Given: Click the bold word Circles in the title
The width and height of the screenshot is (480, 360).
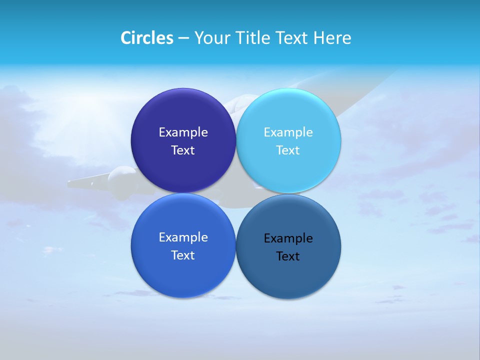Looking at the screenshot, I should [146, 38].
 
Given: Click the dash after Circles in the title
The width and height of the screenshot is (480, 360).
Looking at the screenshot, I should [183, 38].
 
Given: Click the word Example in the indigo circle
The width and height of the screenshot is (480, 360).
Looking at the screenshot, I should [183, 132].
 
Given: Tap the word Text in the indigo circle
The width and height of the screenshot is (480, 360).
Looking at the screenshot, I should [183, 150].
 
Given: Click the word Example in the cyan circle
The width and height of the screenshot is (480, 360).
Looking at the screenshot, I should [288, 132].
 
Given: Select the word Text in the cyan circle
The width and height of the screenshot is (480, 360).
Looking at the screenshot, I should [288, 150].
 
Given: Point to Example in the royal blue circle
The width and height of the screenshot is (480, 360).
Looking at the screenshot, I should [183, 237].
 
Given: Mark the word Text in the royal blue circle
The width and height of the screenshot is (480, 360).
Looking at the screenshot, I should [183, 255].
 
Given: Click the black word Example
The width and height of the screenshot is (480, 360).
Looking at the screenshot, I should [288, 238].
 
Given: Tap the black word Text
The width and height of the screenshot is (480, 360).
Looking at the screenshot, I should [288, 256].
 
